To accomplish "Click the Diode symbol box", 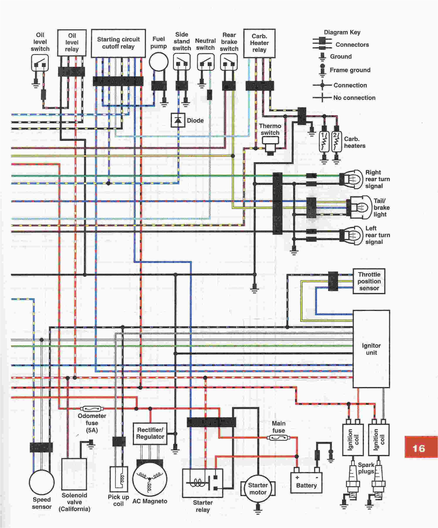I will click(x=178, y=120).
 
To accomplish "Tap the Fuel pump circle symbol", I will click(x=159, y=62).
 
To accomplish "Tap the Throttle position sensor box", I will click(x=369, y=281).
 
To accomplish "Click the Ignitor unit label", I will click(x=371, y=349).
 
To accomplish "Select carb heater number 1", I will click(x=324, y=142).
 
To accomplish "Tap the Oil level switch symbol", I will click(x=40, y=63).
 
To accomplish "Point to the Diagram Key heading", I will click(x=342, y=32).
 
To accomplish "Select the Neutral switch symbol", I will click(x=205, y=62).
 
